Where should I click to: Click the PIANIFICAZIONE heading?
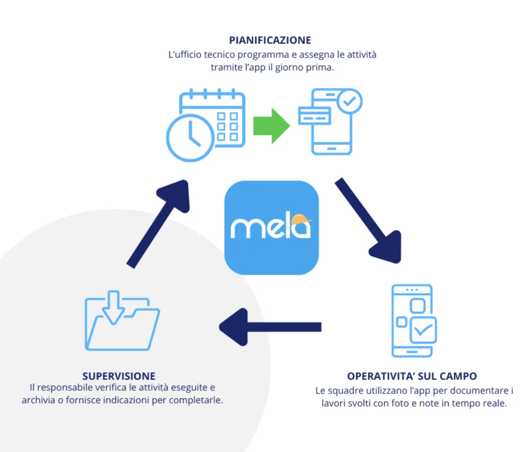[270, 40]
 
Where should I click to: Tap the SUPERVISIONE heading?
[119, 376]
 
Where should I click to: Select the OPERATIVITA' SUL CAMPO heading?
[412, 376]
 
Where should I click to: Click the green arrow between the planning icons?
[271, 126]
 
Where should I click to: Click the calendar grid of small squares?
[227, 126]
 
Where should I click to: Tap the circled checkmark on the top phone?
[349, 101]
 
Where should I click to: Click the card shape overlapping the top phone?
[314, 115]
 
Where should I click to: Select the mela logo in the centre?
[271, 227]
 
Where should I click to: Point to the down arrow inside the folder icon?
[113, 309]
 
